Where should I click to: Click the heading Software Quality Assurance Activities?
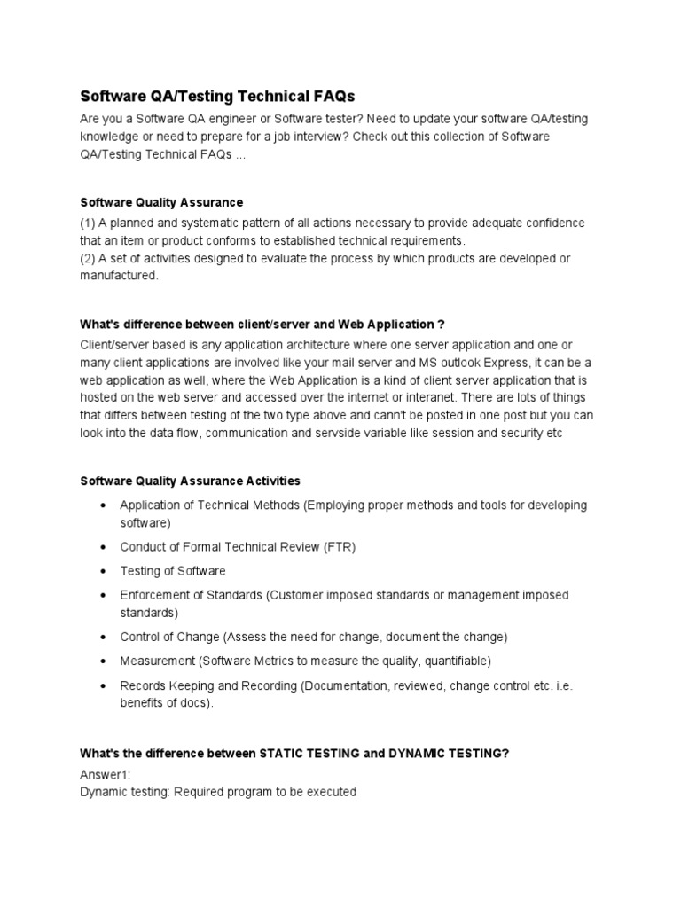190,481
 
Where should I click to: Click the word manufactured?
119,276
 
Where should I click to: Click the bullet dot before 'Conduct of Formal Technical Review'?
104,547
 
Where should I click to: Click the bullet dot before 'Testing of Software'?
104,571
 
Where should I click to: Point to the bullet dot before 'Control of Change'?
104,637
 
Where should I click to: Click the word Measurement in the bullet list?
157,661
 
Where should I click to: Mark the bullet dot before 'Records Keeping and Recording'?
104,685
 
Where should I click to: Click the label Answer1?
105,774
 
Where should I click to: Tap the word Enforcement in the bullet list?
156,595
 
